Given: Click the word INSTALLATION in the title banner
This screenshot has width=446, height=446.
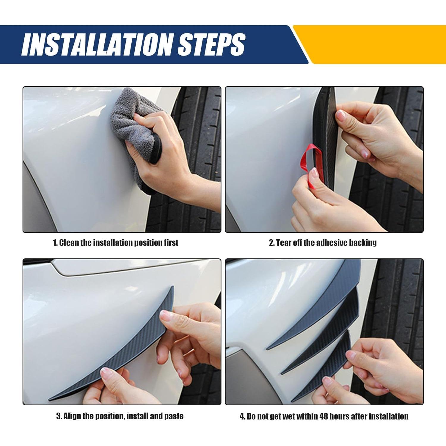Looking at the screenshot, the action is [97, 44].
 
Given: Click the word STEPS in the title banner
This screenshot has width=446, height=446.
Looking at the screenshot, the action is [211, 44].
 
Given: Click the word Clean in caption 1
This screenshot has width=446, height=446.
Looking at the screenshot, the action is [69, 243].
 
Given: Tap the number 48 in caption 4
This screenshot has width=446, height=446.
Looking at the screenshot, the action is [324, 416].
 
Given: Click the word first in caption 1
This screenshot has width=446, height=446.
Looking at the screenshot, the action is [171, 243].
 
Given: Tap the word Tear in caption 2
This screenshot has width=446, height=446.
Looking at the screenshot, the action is [284, 243].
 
